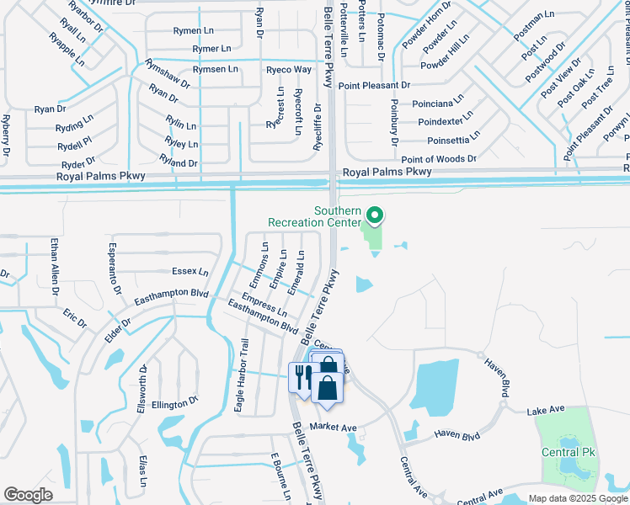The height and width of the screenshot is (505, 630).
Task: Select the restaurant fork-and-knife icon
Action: pyautogui.click(x=301, y=375)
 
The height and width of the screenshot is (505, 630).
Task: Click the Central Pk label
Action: pyautogui.click(x=569, y=452)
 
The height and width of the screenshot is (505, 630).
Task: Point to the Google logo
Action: pyautogui.click(x=28, y=495)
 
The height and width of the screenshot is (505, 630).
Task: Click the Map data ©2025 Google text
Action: pyautogui.click(x=578, y=498)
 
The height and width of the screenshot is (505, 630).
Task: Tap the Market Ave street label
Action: pyautogui.click(x=333, y=428)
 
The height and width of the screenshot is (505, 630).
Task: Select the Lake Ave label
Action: pyautogui.click(x=545, y=411)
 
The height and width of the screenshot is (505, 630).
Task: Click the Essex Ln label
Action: pyautogui.click(x=190, y=272)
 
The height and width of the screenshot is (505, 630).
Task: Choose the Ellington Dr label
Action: pyautogui.click(x=175, y=404)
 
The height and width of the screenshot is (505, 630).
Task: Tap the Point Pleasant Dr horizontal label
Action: pyautogui.click(x=374, y=86)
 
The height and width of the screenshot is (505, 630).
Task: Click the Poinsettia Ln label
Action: pyautogui.click(x=454, y=137)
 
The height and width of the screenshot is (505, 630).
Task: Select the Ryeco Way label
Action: pyautogui.click(x=289, y=69)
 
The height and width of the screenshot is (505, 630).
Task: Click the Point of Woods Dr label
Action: pyautogui.click(x=438, y=158)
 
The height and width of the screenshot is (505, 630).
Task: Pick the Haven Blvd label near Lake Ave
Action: pyautogui.click(x=456, y=435)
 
